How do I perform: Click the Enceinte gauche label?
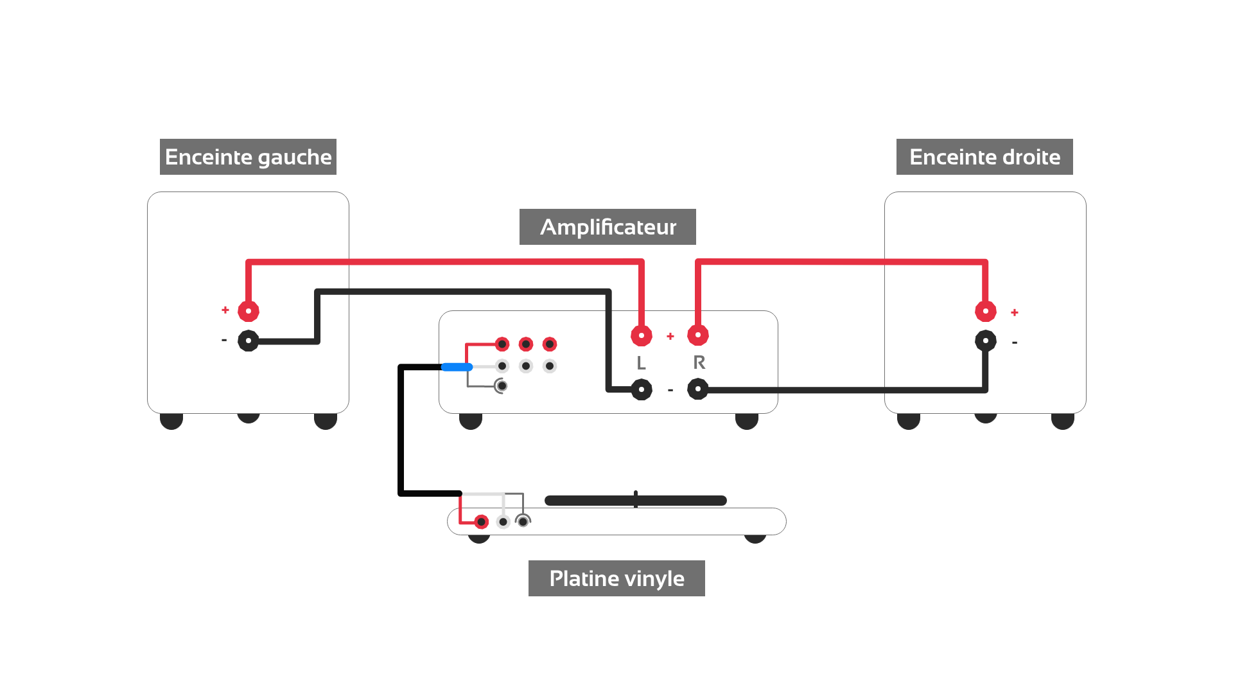point(248,157)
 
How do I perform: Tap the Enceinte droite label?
point(984,157)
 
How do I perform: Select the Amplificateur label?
point(608,227)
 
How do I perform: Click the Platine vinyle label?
point(616,578)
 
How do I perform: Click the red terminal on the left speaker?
point(249,311)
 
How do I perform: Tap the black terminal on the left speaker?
point(249,341)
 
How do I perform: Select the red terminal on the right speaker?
point(986,311)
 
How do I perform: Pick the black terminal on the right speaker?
point(986,341)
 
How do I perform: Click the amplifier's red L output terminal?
point(642,335)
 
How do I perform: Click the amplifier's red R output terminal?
point(698,335)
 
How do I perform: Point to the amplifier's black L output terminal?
point(642,389)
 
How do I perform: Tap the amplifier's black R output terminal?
point(698,389)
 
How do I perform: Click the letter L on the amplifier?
point(641,363)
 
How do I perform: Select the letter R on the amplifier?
point(699,362)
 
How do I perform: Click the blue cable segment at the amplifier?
point(457,367)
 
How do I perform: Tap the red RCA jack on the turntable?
point(481,522)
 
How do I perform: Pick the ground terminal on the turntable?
point(523,521)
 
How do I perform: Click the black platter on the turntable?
point(636,501)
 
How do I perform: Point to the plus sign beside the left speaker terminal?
point(225,310)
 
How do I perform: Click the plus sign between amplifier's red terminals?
point(670,336)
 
